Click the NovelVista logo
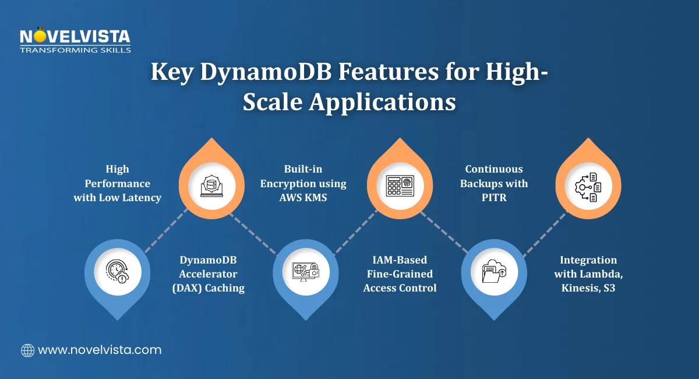pos(75,38)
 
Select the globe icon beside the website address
pos(27,350)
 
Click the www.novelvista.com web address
pos(99,350)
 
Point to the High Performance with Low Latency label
pos(117,183)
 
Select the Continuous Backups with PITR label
pos(494,183)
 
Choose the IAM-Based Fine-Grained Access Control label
pos(400,273)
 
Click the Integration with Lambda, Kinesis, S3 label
pos(588,273)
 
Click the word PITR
pos(494,198)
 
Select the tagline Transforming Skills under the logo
pos(75,50)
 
